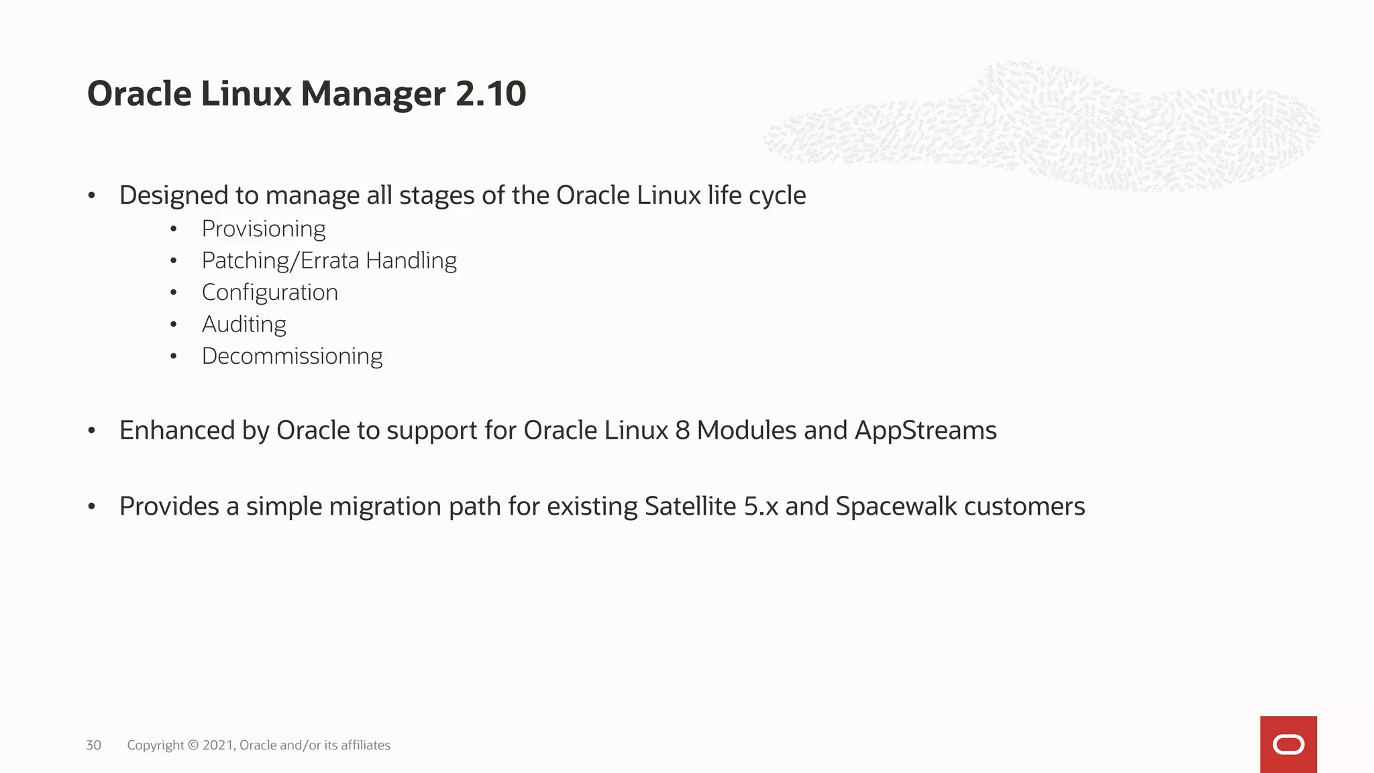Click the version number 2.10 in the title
click(x=490, y=93)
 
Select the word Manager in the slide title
click(x=373, y=93)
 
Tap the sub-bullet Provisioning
click(x=264, y=229)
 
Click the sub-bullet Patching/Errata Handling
click(x=329, y=260)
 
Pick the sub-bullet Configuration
click(x=270, y=293)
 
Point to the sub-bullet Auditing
click(x=244, y=324)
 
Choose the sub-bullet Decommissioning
click(x=292, y=356)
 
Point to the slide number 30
click(x=94, y=745)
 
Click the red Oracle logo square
click(x=1288, y=744)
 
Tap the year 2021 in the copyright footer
click(x=218, y=745)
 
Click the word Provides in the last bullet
click(x=169, y=506)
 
